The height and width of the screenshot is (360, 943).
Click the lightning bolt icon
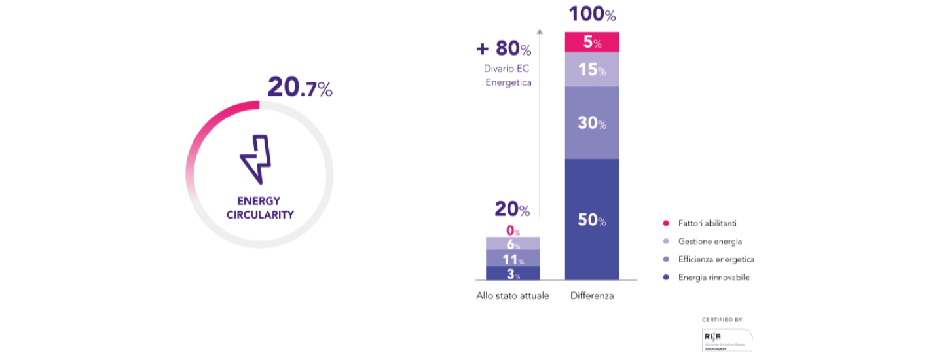[x=255, y=160]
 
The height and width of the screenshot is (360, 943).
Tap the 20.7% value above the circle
[x=300, y=88]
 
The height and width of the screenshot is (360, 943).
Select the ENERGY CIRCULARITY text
[x=259, y=207]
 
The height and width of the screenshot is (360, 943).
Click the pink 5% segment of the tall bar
[x=592, y=43]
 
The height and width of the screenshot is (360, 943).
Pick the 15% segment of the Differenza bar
[x=592, y=69]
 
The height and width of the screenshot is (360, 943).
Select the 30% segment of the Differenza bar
[x=592, y=122]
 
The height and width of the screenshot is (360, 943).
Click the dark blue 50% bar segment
[x=592, y=220]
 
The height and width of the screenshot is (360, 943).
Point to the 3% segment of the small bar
[x=513, y=274]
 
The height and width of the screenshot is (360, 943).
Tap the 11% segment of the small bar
[x=513, y=259]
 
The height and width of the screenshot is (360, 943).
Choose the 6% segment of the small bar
[x=513, y=243]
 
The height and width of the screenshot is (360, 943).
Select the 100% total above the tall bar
[x=592, y=14]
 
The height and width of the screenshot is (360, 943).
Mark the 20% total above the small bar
[x=512, y=209]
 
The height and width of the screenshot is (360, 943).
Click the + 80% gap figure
[x=504, y=48]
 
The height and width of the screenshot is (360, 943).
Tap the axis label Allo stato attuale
[x=513, y=296]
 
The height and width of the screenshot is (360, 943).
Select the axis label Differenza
[x=592, y=296]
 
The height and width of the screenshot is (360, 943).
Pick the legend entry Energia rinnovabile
[x=710, y=278]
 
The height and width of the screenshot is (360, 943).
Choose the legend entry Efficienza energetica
[x=712, y=259]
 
